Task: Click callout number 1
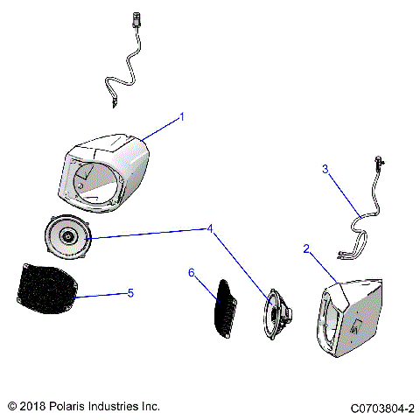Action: pyautogui.click(x=182, y=116)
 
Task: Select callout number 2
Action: pyautogui.click(x=306, y=248)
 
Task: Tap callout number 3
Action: pyautogui.click(x=325, y=170)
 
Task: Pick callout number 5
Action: pyautogui.click(x=130, y=292)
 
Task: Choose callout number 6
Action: pyautogui.click(x=191, y=273)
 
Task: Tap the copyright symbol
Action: pyautogui.click(x=11, y=407)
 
